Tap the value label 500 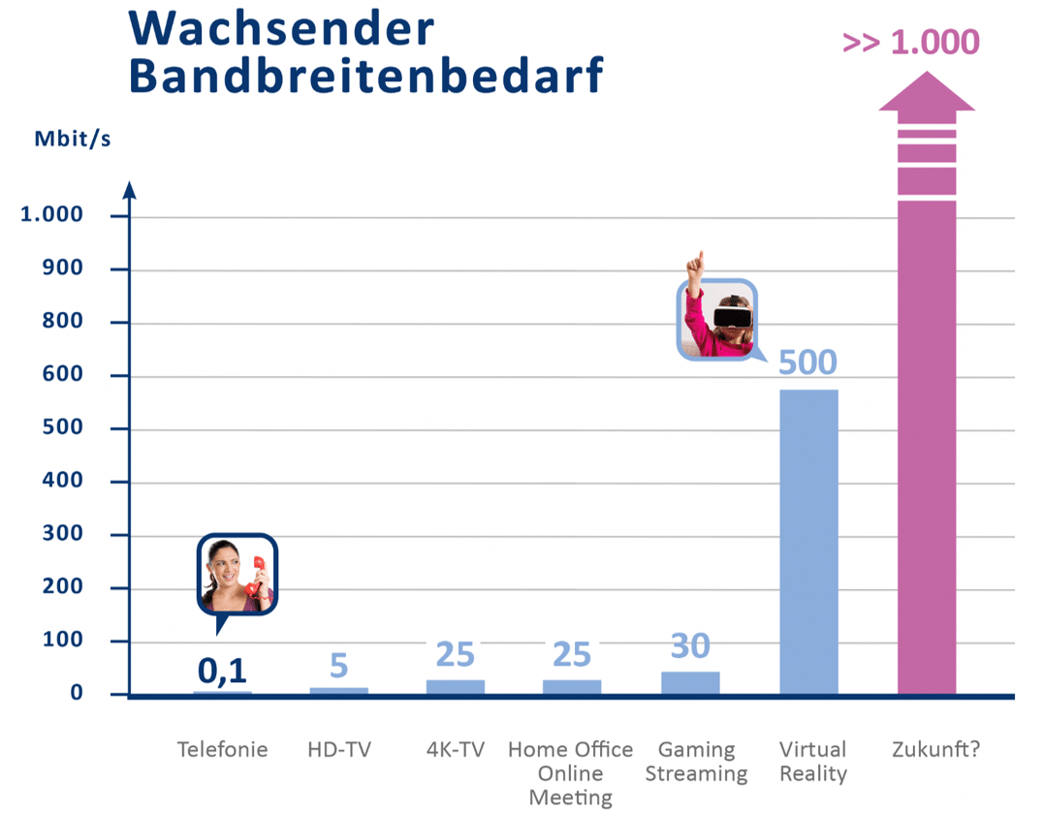point(807,362)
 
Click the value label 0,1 point(223,670)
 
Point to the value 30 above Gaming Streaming point(690,645)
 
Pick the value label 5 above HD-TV point(338,666)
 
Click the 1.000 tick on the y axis point(67,214)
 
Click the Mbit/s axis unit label point(73,139)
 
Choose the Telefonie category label point(222,750)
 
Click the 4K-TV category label point(456,750)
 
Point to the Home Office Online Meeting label point(570,773)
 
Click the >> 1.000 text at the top point(911,43)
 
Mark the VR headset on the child point(732,314)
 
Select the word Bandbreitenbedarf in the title point(365,76)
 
